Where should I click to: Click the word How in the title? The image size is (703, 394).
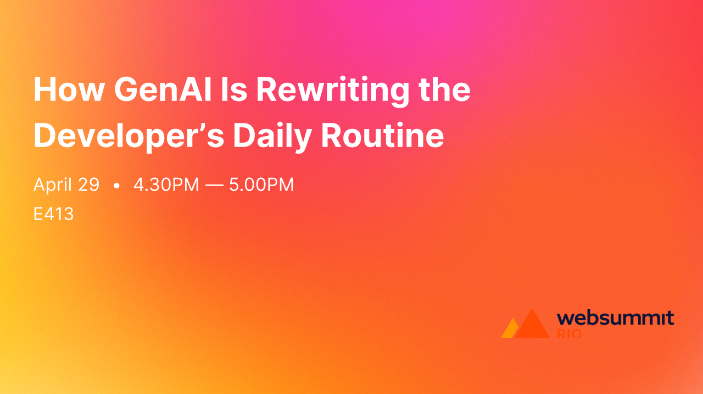tap(68, 89)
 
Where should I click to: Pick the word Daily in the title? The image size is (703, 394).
tap(272, 136)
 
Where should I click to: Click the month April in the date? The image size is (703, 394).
tap(53, 185)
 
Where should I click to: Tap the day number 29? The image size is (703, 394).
tap(88, 185)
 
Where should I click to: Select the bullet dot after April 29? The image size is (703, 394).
tap(116, 186)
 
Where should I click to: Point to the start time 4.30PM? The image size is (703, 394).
tap(166, 185)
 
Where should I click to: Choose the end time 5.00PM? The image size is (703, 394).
tap(261, 185)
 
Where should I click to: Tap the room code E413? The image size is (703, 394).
tap(53, 214)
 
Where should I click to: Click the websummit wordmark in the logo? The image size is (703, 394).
tap(615, 318)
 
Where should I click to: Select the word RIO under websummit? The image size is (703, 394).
tap(569, 333)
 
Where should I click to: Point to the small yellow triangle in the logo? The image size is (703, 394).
tap(509, 330)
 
